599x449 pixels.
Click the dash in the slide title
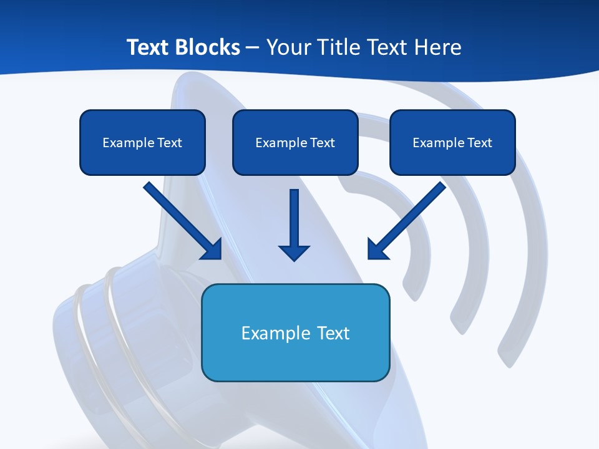[253, 48]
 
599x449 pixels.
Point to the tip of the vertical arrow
[295, 259]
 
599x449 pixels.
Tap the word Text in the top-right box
[479, 143]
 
